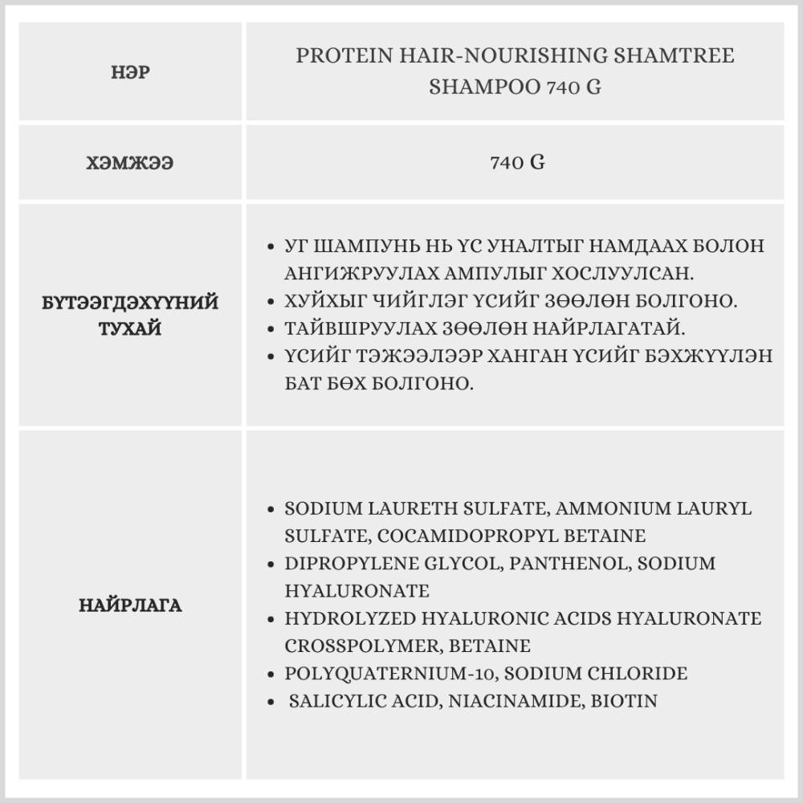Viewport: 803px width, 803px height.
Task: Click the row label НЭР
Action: point(130,72)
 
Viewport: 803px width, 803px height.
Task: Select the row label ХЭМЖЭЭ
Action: point(130,163)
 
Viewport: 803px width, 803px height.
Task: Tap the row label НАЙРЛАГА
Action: point(130,605)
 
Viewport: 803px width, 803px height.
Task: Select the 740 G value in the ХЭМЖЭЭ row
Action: point(517,163)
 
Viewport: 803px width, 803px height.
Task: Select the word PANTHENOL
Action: point(565,564)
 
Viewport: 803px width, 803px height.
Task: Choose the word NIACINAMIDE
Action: point(511,701)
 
